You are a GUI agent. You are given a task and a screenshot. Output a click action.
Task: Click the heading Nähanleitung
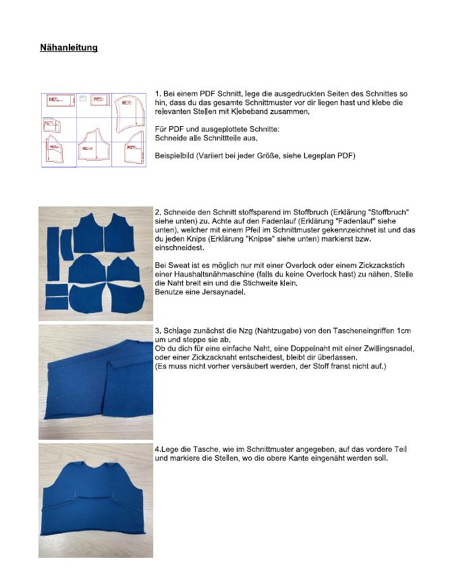[x=69, y=48]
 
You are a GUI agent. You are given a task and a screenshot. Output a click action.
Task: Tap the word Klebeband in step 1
[x=255, y=112]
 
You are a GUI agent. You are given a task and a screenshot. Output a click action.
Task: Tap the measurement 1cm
[x=404, y=331]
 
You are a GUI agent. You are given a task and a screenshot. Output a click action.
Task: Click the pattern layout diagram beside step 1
[x=94, y=130]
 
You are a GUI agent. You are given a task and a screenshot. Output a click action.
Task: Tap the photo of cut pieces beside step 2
[x=95, y=264]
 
